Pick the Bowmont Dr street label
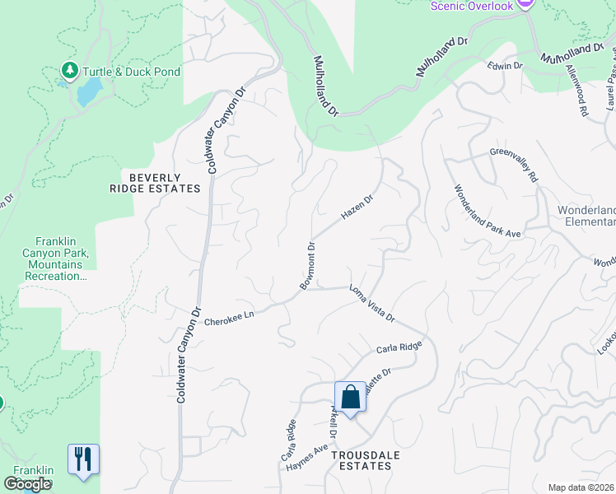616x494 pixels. [x=307, y=265]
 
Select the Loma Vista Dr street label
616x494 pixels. [x=372, y=303]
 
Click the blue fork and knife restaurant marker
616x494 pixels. [x=83, y=459]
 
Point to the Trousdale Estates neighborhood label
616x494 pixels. [x=361, y=459]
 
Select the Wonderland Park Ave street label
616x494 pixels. [x=488, y=212]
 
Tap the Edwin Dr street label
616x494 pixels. [x=505, y=65]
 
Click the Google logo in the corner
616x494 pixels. [x=27, y=484]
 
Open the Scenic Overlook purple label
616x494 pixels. [x=472, y=7]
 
